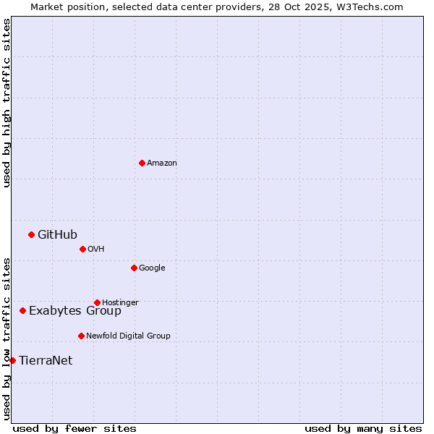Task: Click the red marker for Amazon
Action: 142,163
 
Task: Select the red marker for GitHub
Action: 31,234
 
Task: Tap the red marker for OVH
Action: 82,249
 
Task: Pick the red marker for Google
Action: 134,268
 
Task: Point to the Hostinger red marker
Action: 97,302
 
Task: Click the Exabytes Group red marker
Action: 22,310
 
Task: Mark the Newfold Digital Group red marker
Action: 81,336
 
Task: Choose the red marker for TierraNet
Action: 12,360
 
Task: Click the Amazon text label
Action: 162,163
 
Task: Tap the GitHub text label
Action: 57,234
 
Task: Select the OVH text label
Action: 96,250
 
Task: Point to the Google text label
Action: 152,268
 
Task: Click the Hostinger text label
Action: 120,302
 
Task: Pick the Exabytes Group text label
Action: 75,311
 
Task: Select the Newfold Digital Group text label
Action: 128,336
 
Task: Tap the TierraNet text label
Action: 46,360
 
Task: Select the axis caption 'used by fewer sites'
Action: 75,428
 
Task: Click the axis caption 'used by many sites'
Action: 363,428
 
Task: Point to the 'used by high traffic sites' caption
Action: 7,103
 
